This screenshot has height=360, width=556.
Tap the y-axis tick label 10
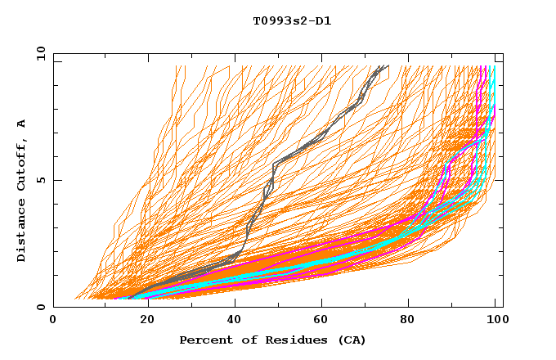click(x=39, y=53)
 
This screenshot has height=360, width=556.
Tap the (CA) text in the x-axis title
click(x=351, y=340)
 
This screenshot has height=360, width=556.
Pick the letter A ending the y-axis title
click(x=22, y=124)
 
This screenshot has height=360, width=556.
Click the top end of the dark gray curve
click(x=388, y=66)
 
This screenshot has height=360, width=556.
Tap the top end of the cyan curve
click(x=493, y=66)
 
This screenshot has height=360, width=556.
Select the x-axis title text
click(x=272, y=340)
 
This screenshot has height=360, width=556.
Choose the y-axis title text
click(x=22, y=191)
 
